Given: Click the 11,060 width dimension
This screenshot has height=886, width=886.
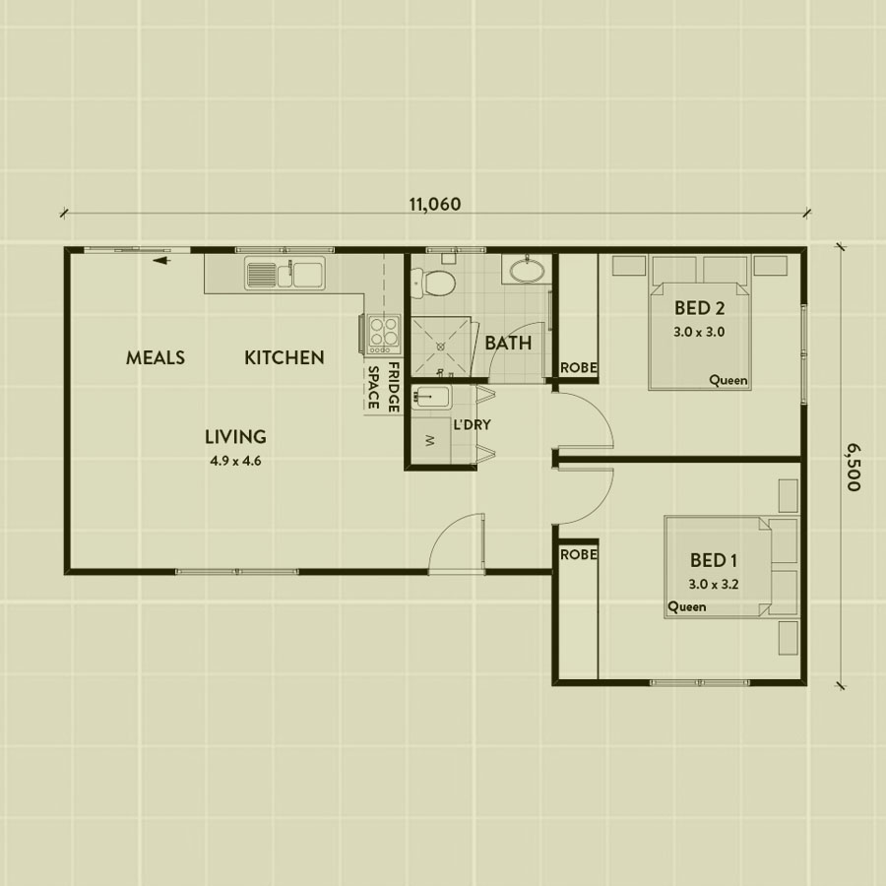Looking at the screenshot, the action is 434,204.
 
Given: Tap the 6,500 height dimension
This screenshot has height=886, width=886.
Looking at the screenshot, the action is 853,467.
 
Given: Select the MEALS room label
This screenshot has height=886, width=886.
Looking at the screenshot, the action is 156,357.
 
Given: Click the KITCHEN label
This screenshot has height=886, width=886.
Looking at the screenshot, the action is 285,357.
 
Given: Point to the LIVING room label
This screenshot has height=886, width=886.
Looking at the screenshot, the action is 235,437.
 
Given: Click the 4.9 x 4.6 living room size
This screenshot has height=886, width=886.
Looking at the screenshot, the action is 235,461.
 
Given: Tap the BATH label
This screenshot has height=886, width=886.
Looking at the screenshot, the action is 508,343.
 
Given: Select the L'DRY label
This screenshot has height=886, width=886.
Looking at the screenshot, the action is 472,425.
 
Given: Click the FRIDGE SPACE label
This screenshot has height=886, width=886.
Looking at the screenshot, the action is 384,388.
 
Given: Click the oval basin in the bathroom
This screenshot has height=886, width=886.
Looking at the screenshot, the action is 528,269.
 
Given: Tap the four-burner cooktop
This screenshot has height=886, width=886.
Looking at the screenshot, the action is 384,332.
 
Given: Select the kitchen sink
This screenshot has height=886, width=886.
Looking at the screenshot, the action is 285,274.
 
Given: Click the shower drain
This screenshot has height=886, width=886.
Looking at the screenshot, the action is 441,346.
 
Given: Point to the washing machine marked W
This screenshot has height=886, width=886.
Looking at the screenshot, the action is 431,440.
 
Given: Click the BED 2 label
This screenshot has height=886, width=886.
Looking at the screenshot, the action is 700,308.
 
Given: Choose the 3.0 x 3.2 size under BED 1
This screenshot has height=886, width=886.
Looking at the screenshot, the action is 714,584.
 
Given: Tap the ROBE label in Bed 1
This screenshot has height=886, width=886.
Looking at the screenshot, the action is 579,555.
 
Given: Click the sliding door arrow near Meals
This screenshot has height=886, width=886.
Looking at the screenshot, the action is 161,261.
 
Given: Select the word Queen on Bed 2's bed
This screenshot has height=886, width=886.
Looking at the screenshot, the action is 728,380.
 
